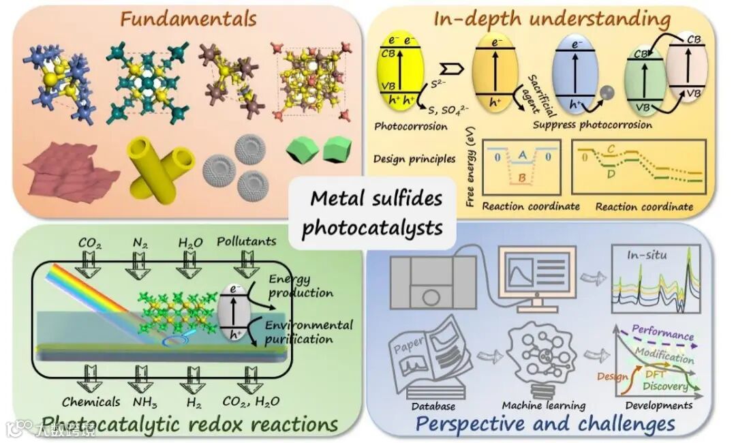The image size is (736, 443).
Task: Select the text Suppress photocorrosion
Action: [592, 125]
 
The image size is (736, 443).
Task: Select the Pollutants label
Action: [247, 241]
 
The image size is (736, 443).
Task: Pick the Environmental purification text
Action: [308, 331]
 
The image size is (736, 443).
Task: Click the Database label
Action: [433, 406]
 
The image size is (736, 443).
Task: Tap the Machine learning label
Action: [543, 406]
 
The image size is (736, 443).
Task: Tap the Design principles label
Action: [414, 159]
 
